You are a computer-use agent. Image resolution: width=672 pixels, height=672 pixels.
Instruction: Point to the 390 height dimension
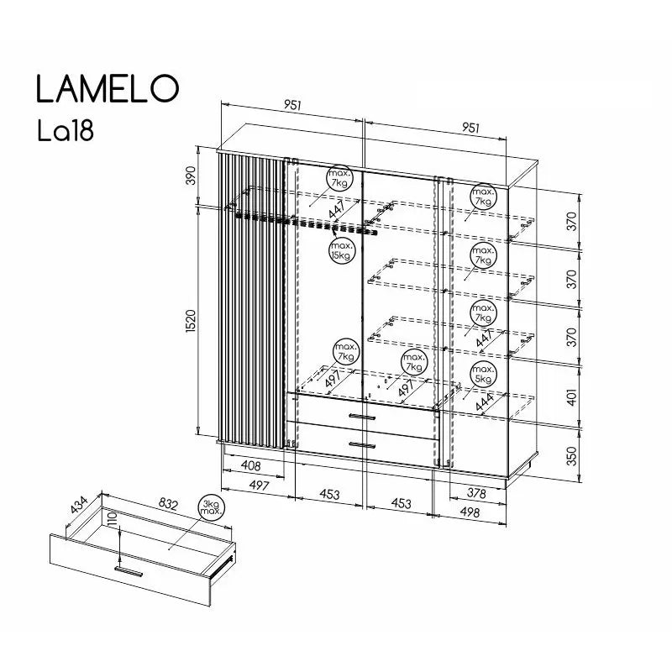[x=191, y=176]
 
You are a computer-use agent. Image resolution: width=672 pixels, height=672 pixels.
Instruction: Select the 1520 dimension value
[x=191, y=320]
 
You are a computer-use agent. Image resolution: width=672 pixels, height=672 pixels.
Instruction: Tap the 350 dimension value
[x=573, y=455]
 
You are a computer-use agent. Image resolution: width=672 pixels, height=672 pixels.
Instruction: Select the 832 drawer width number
[x=169, y=504]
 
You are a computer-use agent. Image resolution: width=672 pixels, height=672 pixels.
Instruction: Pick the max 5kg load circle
[x=483, y=375]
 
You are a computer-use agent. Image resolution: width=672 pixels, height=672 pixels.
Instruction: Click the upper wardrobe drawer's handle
[x=363, y=416]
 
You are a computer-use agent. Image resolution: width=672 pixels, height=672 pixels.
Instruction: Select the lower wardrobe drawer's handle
[x=363, y=444]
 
